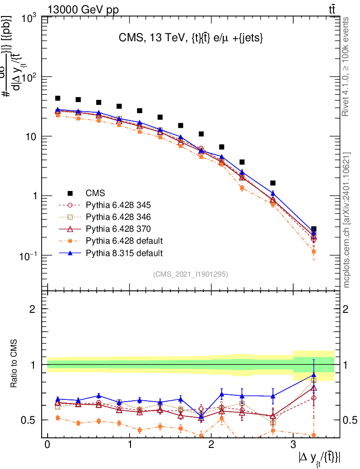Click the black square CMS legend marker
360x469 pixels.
pos(71,193)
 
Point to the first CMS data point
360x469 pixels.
pos(58,98)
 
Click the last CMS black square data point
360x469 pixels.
pos(314,229)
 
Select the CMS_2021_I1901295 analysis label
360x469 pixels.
pos(190,274)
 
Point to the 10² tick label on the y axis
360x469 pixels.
pos(29,78)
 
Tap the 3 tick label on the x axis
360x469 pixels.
pos(293,446)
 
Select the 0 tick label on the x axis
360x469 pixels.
pos(47,446)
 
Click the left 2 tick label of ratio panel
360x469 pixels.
pos(33,309)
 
